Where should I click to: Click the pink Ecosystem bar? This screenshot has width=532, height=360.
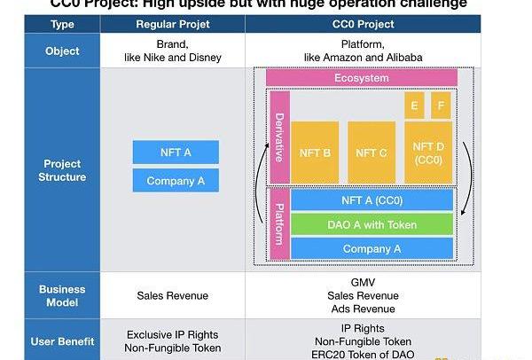click(x=362, y=78)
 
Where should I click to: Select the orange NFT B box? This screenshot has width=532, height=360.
click(x=315, y=153)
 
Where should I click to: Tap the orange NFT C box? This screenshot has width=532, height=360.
click(x=372, y=153)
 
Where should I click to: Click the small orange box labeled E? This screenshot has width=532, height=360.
click(x=414, y=106)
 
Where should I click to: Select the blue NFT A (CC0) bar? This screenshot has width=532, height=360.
click(x=372, y=200)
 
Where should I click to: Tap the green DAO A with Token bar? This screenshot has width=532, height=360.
click(x=372, y=224)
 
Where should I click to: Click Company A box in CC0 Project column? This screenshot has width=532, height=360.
click(x=372, y=248)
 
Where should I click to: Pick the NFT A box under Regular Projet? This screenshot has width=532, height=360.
click(x=176, y=153)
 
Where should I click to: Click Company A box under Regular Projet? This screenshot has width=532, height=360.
click(x=176, y=180)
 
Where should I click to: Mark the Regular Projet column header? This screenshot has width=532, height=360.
click(x=173, y=24)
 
